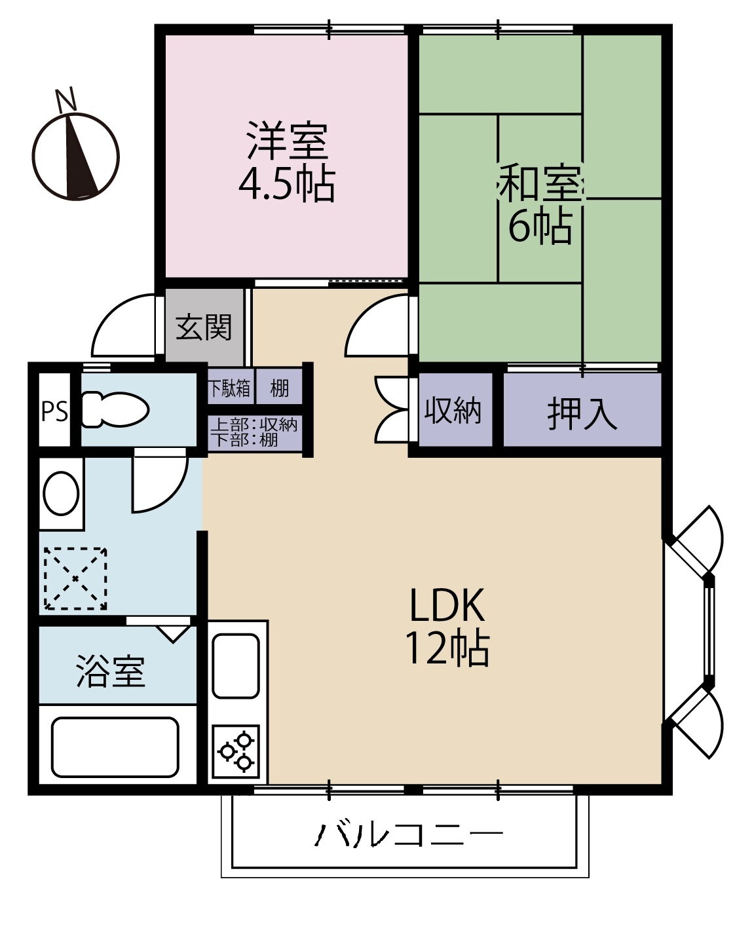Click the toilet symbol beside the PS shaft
click(x=115, y=410)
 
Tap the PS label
click(x=54, y=411)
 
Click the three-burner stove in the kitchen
click(x=236, y=752)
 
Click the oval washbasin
click(x=62, y=493)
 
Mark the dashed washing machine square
click(x=76, y=579)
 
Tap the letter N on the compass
click(x=66, y=99)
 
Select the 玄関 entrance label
click(x=204, y=327)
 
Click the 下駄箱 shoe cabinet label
click(x=229, y=388)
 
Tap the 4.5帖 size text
click(x=287, y=184)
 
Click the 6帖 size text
click(x=540, y=226)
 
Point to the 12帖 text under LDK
click(x=447, y=648)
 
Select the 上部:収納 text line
click(x=254, y=425)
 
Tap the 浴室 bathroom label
click(x=110, y=671)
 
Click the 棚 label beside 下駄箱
click(x=279, y=388)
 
